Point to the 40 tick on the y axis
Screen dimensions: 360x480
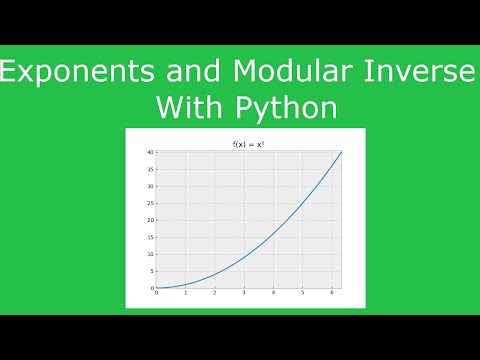pos(150,152)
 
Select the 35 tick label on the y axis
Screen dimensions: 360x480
pos(150,169)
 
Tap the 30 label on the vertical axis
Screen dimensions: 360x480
pos(150,186)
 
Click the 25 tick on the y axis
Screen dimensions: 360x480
pos(150,203)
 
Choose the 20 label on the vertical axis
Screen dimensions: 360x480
pos(150,220)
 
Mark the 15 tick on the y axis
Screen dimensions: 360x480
pos(150,237)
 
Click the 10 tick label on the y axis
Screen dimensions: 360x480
pos(150,254)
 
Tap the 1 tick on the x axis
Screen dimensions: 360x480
pos(185,293)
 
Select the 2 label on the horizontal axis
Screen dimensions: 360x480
pos(214,293)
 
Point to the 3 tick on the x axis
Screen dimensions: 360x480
pos(243,293)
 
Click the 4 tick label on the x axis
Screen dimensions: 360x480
pos(272,293)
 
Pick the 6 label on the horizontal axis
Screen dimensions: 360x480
pos(330,293)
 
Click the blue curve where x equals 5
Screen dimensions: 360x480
pos(301,203)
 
